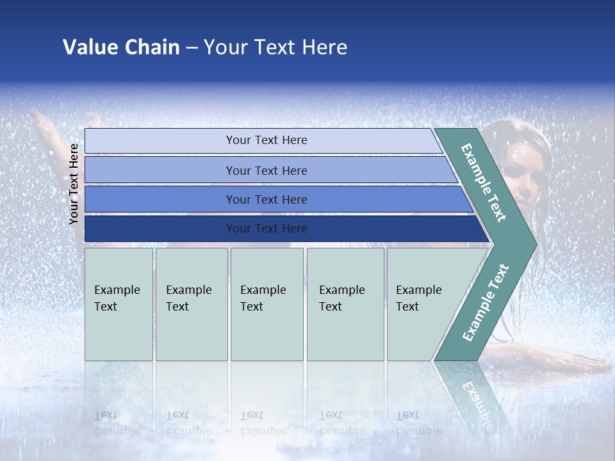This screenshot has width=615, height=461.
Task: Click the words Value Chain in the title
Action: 121,47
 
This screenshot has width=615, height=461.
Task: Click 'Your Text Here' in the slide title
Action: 275,47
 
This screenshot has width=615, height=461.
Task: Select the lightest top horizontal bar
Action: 263,140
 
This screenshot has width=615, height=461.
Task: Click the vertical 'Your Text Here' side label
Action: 74,184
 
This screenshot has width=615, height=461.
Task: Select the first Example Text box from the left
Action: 119,304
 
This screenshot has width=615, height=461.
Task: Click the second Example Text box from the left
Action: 191,304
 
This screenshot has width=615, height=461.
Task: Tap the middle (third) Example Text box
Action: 266,304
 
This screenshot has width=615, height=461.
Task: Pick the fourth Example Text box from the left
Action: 345,304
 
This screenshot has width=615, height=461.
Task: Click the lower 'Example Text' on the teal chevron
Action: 486,302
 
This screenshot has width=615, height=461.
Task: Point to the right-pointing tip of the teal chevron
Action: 534,244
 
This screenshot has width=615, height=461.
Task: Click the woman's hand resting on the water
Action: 577,365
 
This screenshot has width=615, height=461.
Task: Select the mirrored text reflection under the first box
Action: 117,423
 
